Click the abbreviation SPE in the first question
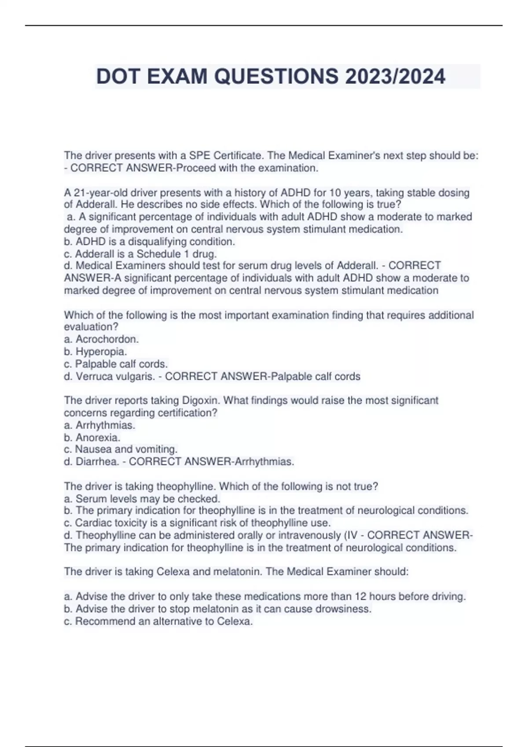click(x=199, y=156)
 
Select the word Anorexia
click(x=98, y=437)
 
